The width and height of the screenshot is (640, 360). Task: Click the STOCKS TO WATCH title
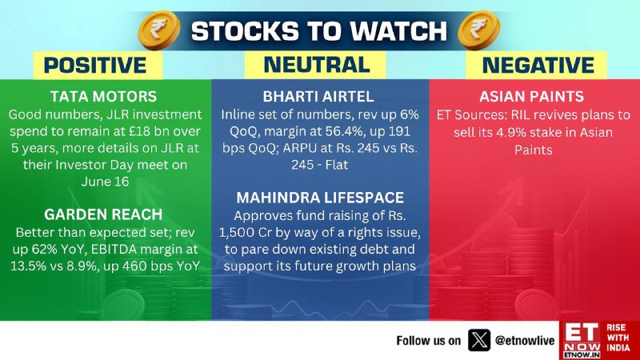pos(318,31)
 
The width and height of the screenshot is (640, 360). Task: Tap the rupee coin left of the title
pos(159,30)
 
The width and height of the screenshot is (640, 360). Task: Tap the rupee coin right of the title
pos(478,30)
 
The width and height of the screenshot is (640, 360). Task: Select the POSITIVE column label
pos(95,66)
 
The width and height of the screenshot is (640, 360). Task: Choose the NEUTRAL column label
pos(317,65)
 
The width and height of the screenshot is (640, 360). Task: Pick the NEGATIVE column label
pos(538,66)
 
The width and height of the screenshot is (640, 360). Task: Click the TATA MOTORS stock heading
pos(104,97)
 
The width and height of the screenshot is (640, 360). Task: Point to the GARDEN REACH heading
pos(103,214)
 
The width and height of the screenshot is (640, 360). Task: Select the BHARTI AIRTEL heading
pos(318,97)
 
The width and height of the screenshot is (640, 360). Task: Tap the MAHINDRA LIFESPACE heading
pos(320,198)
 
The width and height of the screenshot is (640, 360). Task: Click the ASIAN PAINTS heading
pos(532,97)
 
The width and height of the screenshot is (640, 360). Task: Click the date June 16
pos(105,182)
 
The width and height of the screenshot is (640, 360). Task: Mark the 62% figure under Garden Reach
pos(46,249)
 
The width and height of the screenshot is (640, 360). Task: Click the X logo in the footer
pos(478,341)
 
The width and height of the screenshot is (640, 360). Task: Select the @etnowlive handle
pos(525,341)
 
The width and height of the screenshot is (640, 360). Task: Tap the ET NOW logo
pos(582,341)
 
